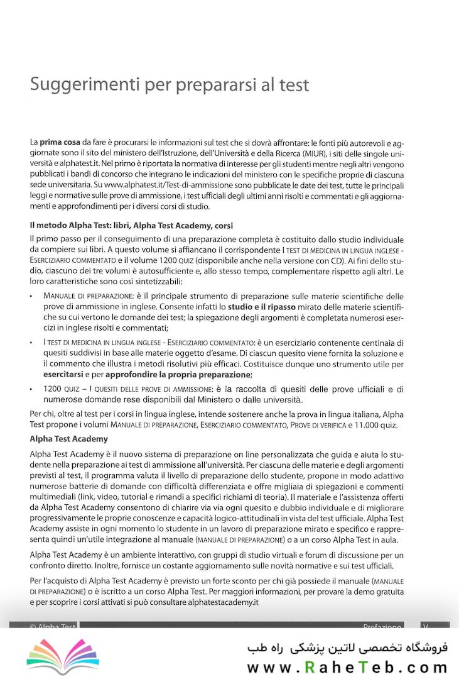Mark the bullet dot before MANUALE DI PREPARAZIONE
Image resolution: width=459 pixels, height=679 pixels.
[x=31, y=295]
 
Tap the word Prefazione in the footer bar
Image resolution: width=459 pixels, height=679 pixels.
[x=382, y=627]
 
